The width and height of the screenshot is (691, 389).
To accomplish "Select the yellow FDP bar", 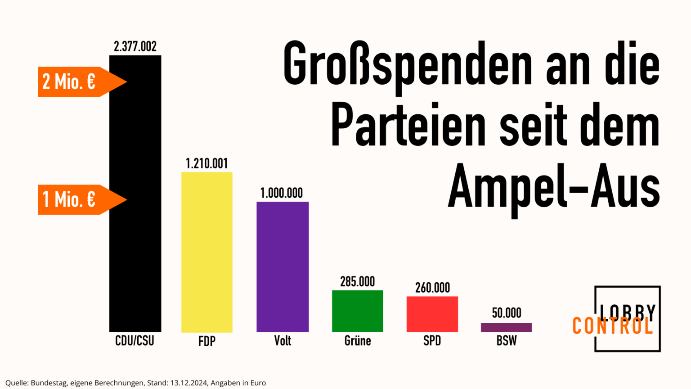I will pos(207,252).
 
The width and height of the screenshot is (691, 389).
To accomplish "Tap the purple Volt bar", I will pos(283,267).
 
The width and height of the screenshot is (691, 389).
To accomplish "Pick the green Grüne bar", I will pos(357,311).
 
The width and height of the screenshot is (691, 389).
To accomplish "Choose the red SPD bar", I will pos(432,314).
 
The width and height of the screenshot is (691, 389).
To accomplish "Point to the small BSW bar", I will pos(506,327).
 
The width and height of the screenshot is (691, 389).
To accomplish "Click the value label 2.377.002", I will pos(135,46).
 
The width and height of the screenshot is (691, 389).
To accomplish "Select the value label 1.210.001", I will pos(207,163).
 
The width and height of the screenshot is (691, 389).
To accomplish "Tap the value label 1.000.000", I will pos(282,193).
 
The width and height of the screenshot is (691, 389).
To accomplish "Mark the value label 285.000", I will pos(357,282).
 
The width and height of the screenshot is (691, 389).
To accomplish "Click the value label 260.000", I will pos(432,288).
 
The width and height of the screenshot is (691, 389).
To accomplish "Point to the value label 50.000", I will pos(507,313).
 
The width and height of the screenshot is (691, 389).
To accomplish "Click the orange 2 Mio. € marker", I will pos(76,82).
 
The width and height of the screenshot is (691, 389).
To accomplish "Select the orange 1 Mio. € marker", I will pos(76,199).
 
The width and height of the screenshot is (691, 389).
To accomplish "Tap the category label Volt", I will pos(283,341).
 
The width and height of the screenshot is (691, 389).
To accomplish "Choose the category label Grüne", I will pos(358,341).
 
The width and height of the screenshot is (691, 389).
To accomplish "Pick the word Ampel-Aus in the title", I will pos(553,187).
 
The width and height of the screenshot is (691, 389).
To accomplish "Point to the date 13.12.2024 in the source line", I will pos(189,383).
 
